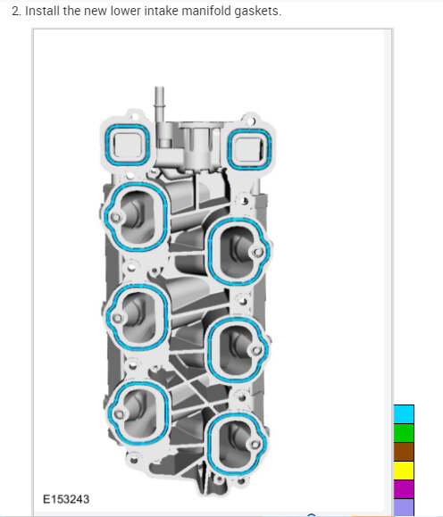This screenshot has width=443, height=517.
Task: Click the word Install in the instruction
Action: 43,11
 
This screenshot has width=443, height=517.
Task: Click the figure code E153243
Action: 66,499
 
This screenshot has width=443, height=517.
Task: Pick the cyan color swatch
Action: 404,414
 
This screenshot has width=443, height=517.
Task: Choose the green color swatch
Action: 404,433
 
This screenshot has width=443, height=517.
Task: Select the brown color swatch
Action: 404,452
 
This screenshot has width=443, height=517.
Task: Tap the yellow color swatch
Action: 404,471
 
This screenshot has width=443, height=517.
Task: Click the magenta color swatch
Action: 404,489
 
